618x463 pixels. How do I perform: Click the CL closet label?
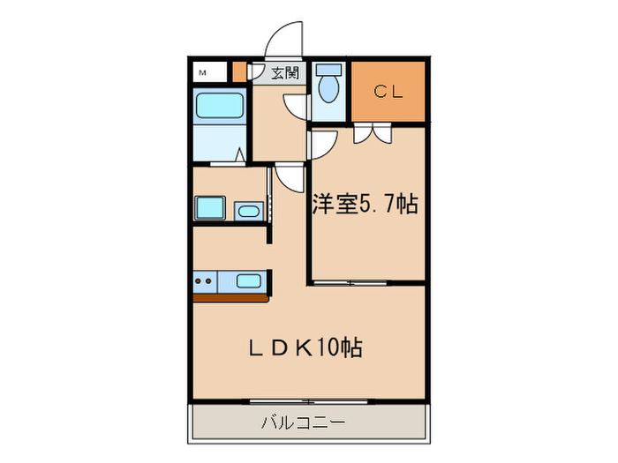coord(388,90)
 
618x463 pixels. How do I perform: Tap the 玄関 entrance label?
coord(283,73)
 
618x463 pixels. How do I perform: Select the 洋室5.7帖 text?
coord(364,205)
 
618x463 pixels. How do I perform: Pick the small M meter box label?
coord(202,72)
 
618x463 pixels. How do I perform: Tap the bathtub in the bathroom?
coord(220,107)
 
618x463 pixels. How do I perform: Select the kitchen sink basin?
coord(249,282)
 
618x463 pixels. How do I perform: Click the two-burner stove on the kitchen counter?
coord(206,282)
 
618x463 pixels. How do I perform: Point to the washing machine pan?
coord(209,209)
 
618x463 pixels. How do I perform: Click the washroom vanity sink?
coord(248,211)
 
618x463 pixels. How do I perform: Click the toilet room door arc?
coord(298,106)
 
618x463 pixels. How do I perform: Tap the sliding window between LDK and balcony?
coord(300,401)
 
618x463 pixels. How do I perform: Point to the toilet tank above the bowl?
coord(329,70)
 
